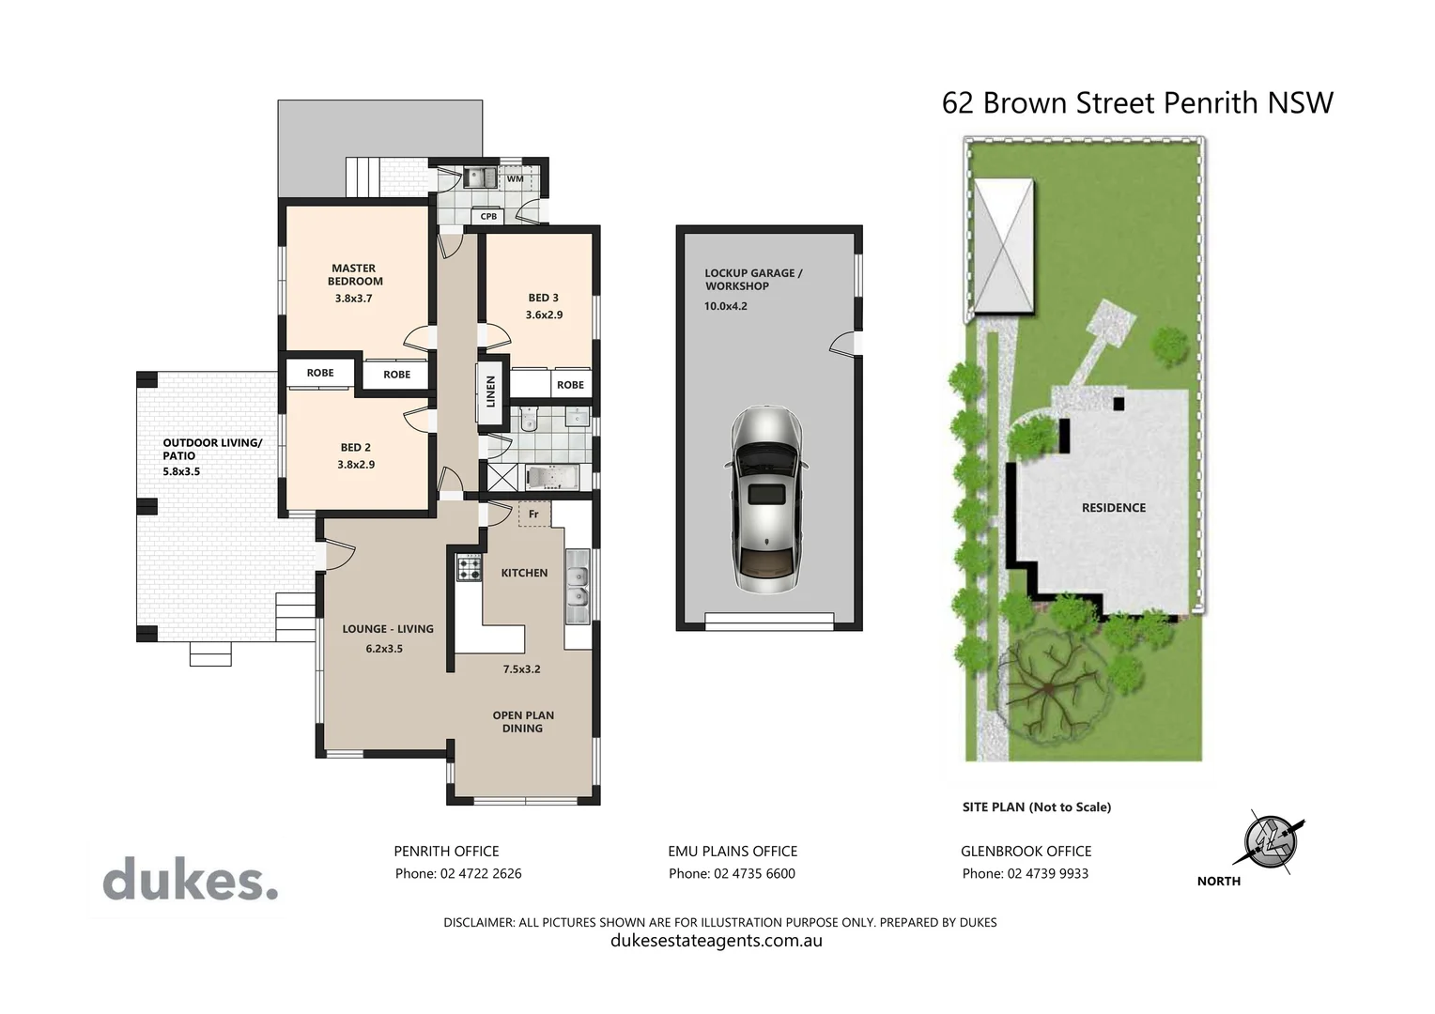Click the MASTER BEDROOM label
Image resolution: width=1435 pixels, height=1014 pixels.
[355, 274]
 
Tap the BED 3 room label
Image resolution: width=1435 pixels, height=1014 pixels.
[543, 298]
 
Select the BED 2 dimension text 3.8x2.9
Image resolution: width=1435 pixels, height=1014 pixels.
[356, 465]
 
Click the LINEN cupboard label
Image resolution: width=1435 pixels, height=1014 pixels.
[490, 391]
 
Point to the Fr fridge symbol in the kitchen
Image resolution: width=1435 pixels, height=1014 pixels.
[533, 514]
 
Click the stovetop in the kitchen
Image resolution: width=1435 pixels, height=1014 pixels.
[469, 568]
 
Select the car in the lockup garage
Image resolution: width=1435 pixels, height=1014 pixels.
[766, 499]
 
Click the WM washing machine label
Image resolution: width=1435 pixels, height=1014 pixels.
[515, 178]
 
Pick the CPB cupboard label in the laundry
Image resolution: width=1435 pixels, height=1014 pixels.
[488, 217]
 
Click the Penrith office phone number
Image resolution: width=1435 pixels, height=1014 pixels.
[458, 873]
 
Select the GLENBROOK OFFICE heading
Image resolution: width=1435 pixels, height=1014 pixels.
[1026, 851]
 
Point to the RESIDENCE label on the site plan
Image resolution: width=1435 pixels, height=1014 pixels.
[1113, 508]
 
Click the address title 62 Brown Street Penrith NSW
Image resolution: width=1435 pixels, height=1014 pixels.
[1137, 102]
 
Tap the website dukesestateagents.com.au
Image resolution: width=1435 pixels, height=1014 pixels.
[717, 941]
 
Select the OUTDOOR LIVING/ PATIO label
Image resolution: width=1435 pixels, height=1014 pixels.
[212, 449]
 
